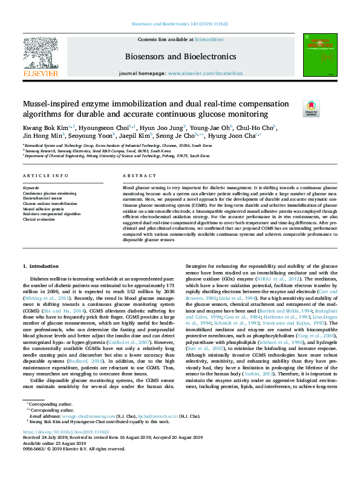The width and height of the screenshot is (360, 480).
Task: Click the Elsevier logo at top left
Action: [41, 56]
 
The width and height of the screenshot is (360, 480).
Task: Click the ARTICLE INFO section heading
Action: [45, 176]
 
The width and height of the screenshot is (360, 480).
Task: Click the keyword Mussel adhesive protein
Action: [41, 209]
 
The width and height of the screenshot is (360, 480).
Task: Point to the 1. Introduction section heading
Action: [41, 267]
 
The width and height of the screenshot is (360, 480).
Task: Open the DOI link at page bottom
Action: [65, 432]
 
